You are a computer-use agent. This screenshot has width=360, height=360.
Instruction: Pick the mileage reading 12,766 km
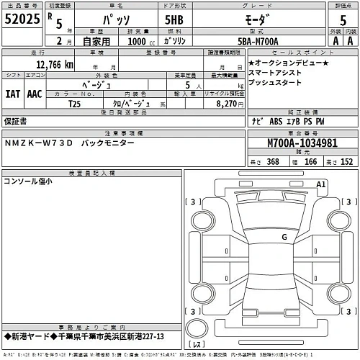point(49,65)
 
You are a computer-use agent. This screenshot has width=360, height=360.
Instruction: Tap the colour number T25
point(75,104)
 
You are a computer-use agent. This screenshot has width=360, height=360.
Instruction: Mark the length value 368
point(273,162)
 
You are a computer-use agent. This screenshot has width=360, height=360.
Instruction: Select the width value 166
point(311,162)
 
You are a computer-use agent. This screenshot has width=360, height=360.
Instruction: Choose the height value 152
point(346,162)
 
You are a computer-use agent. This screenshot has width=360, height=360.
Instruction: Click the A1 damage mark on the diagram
point(323,185)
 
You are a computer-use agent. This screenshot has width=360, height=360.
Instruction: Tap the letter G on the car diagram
point(284,236)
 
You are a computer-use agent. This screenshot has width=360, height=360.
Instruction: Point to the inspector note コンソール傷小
point(28,182)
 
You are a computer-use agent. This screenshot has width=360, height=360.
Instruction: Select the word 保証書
point(16,122)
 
